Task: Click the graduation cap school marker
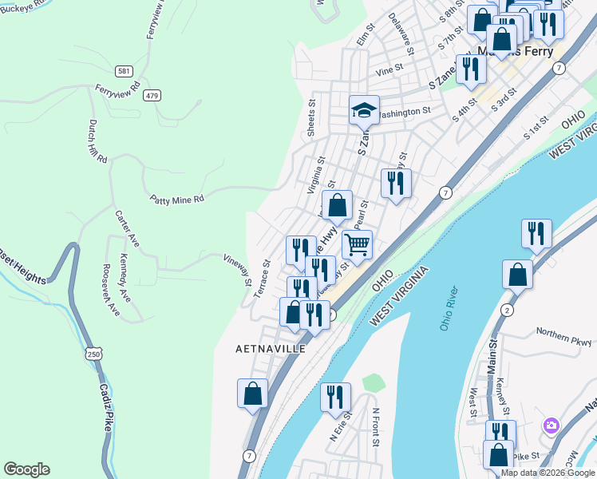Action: coord(364,111)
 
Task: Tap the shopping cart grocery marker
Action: coord(357,243)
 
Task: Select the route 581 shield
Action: coord(123,71)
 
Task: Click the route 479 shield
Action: coord(152,95)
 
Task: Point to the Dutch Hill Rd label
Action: coord(97,142)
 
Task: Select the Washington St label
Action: coord(405,113)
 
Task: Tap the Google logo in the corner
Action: coord(26,469)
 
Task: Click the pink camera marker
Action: coord(551,426)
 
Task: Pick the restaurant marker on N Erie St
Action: coord(335,397)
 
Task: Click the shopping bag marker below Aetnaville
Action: coord(252,394)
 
